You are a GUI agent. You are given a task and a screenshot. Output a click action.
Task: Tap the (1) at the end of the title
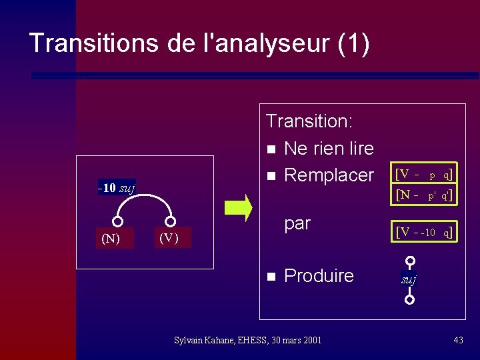pos(353,43)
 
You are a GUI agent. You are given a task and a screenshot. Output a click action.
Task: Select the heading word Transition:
pos(309,121)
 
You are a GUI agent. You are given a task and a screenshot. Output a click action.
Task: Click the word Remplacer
pos(329,175)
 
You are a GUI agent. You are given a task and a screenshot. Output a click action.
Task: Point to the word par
pos(297,223)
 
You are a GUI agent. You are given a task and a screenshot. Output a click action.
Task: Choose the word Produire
pos(319,276)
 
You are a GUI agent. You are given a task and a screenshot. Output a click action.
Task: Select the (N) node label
pos(111,238)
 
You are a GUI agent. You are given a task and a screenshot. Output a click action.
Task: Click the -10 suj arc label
pos(116,187)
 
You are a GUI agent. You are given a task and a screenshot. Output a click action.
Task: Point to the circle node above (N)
pos(118,221)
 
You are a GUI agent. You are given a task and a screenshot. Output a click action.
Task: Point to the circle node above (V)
pos(171,221)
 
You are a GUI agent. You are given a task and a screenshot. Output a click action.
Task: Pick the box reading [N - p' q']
pos(425,195)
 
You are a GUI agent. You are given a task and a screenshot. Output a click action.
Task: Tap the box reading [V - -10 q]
pos(425,232)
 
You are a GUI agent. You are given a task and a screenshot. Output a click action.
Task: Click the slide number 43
pos(458,340)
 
